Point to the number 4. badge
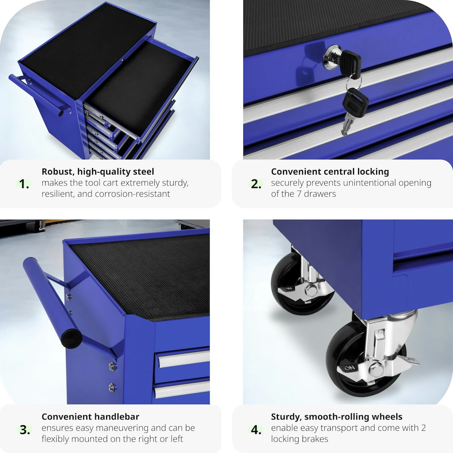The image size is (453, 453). click(256, 430)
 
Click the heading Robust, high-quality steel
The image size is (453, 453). click(98, 172)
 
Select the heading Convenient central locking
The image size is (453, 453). click(330, 172)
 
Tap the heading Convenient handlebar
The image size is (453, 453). click(90, 417)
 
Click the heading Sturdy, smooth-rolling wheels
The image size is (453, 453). click(336, 417)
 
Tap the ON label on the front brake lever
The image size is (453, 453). click(349, 368)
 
